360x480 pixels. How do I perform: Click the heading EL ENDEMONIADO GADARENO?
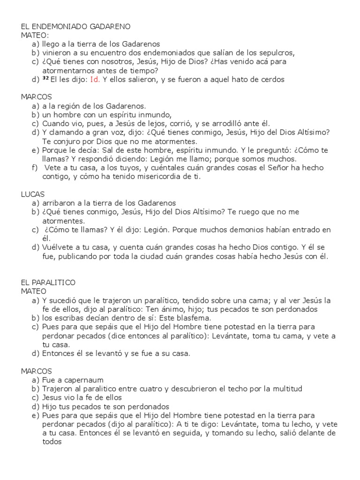point(75,26)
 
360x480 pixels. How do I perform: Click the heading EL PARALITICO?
point(48,283)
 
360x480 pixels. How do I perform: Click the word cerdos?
point(271,79)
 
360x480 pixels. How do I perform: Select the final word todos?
point(52,442)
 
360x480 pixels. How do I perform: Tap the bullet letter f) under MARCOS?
point(34,168)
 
